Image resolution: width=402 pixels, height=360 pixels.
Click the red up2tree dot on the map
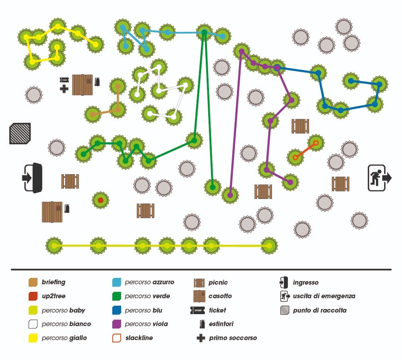(x=100, y=200)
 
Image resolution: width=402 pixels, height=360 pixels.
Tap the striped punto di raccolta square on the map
(x=20, y=134)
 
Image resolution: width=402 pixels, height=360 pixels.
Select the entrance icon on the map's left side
(x=32, y=177)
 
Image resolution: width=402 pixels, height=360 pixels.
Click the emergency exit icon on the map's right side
(x=379, y=178)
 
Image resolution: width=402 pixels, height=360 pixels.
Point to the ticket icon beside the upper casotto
(x=64, y=80)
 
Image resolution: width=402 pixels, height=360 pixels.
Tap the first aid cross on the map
(x=64, y=89)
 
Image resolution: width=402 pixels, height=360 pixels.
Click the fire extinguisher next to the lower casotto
(x=67, y=209)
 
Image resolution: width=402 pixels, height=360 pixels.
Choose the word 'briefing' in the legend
(x=53, y=282)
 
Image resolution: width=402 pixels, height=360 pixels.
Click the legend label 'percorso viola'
(x=146, y=324)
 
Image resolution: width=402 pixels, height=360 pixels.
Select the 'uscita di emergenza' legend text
(x=324, y=296)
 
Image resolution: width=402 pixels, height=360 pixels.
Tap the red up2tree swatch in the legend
(x=33, y=296)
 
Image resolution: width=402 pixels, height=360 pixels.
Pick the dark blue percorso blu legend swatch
(x=116, y=310)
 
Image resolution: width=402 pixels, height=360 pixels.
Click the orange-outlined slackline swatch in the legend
(x=116, y=338)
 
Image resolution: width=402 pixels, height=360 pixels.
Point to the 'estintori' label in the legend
(x=221, y=324)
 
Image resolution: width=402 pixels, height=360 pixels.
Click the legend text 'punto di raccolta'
(x=320, y=310)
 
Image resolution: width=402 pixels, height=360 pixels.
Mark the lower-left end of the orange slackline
(x=296, y=157)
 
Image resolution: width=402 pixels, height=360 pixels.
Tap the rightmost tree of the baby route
(x=269, y=246)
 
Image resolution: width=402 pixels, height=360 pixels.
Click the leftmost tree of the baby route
(x=54, y=246)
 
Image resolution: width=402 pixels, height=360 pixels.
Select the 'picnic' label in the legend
(x=218, y=282)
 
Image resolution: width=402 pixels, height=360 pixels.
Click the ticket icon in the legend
(x=198, y=310)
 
